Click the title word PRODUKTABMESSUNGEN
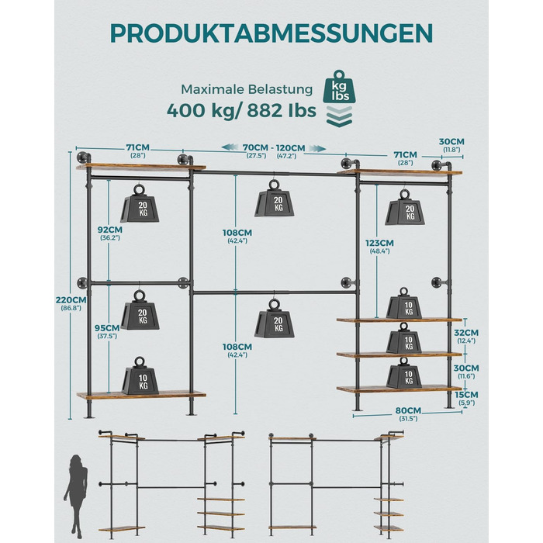pyautogui.click(x=271, y=33)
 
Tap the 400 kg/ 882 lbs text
pyautogui.click(x=241, y=111)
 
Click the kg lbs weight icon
pyautogui.click(x=339, y=87)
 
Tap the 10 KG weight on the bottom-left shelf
pyautogui.click(x=140, y=375)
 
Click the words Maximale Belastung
pyautogui.click(x=247, y=89)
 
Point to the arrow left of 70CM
pyautogui.click(x=230, y=147)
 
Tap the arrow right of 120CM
pyautogui.click(x=317, y=148)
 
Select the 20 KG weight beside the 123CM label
pyautogui.click(x=405, y=207)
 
